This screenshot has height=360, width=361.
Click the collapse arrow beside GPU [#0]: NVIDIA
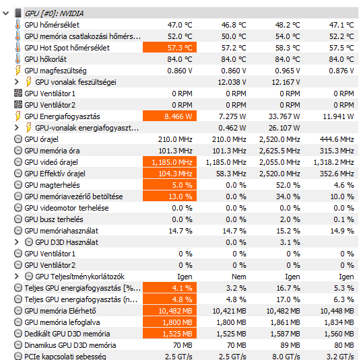pos(6,13)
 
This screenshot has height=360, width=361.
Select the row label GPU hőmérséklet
pos(52,25)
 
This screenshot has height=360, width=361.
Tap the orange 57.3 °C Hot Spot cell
pos(170,48)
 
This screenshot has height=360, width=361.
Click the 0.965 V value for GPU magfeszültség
pos(288,71)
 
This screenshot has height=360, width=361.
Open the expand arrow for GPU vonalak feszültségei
pos(16,82)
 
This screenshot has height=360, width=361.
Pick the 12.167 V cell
pos(286,82)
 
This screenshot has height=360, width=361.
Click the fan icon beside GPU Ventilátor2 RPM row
pos(18,105)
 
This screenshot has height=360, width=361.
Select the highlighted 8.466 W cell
pos(170,116)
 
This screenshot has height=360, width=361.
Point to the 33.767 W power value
pos(284,116)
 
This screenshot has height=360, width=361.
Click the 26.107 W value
pos(284,128)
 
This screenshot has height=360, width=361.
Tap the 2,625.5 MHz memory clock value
pos(280,151)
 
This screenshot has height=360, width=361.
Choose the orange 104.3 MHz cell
pos(170,174)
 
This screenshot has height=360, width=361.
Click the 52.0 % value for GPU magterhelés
pos(288,185)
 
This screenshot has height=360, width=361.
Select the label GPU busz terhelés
pos(54,219)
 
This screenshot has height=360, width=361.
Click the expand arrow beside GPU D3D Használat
pos(16,242)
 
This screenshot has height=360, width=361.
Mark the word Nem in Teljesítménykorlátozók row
pos(238,277)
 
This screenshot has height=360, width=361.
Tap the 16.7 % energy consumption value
pos(288,288)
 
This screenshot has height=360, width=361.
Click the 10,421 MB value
pos(229,311)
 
